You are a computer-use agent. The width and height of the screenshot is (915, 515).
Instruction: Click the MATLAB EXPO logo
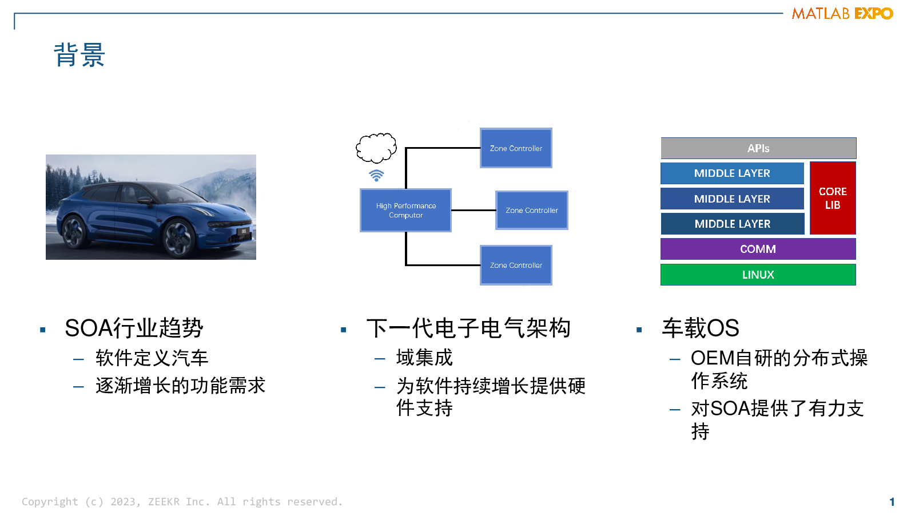(842, 14)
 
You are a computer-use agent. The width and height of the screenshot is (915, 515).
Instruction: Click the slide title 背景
(79, 55)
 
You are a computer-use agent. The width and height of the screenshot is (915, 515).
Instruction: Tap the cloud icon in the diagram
(376, 147)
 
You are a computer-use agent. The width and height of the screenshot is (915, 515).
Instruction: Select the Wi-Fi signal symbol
(376, 175)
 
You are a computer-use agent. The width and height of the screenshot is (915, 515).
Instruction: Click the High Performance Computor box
(405, 211)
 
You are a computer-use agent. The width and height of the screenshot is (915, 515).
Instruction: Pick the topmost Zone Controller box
(516, 148)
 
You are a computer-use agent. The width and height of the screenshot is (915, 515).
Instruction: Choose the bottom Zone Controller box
(516, 266)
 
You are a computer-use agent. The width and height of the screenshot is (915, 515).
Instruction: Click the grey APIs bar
(758, 148)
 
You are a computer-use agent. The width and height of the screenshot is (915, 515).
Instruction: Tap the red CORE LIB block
(833, 198)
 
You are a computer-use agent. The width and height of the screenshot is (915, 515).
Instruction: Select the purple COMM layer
(758, 249)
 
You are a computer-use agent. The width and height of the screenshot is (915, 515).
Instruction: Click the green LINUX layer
(758, 275)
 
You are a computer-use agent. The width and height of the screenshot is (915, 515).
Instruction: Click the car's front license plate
(244, 231)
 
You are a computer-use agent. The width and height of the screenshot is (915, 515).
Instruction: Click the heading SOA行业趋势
(134, 328)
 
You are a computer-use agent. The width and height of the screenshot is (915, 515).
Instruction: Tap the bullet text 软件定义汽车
(152, 358)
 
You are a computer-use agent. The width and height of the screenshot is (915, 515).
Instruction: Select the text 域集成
(424, 358)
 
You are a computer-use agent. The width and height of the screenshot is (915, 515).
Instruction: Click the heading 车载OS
(701, 328)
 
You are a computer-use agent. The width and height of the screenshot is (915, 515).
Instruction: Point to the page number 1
(892, 502)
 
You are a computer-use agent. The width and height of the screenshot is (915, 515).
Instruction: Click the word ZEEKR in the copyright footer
(164, 501)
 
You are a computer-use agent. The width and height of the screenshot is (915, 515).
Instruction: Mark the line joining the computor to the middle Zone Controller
(474, 210)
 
